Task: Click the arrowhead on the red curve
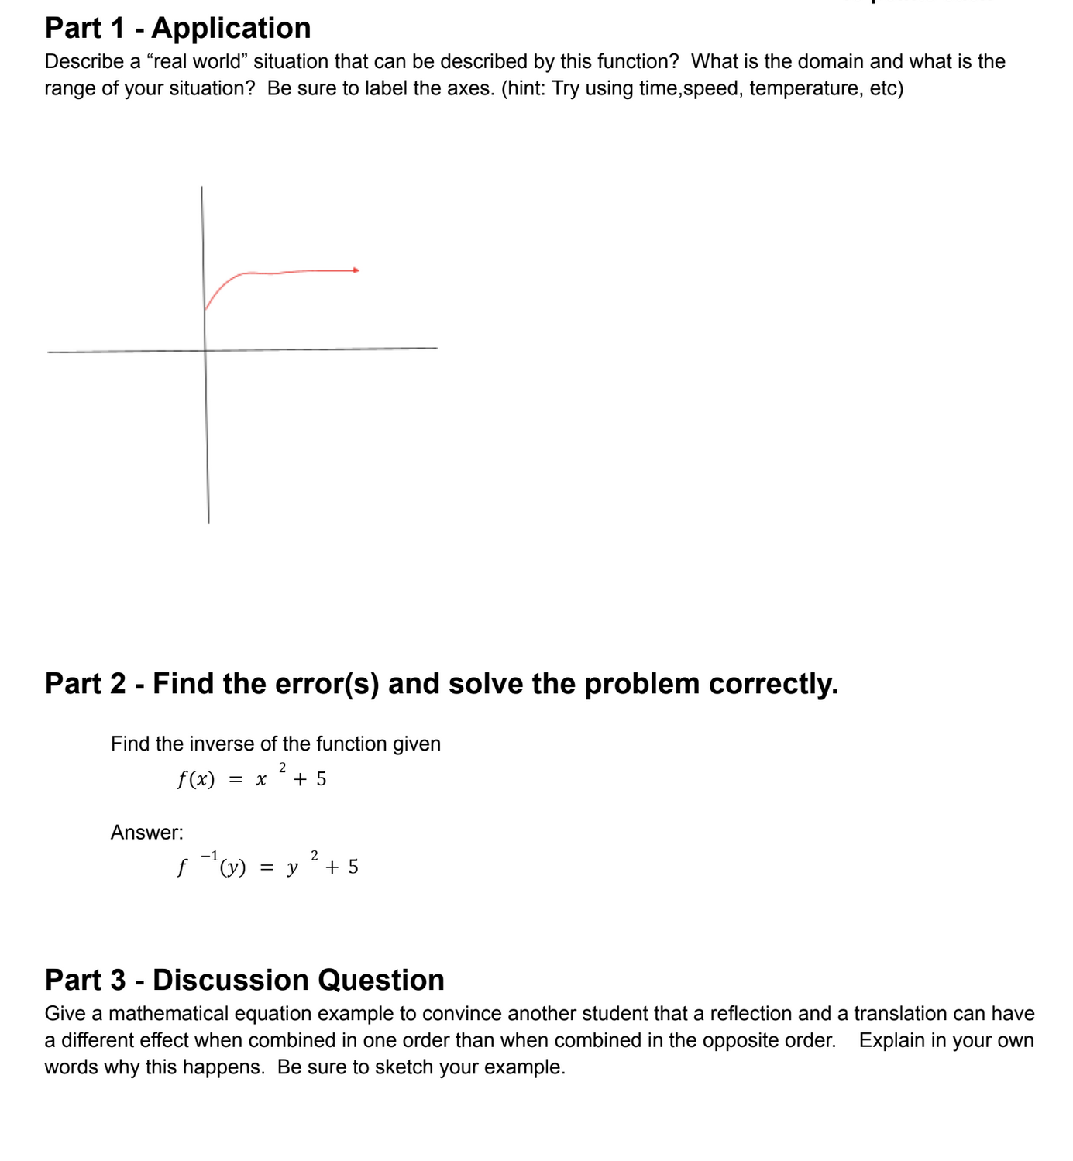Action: coord(356,270)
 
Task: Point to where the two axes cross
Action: coord(205,350)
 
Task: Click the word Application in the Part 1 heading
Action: coord(231,28)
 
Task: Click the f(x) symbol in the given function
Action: coord(196,779)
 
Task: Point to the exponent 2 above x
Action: coord(282,767)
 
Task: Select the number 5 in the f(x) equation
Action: coord(321,779)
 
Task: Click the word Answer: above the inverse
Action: coord(147,833)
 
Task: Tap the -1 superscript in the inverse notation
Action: coord(209,856)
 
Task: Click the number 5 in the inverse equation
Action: coord(353,867)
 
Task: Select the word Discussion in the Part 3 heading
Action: coord(231,980)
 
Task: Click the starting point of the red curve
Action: coord(205,309)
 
